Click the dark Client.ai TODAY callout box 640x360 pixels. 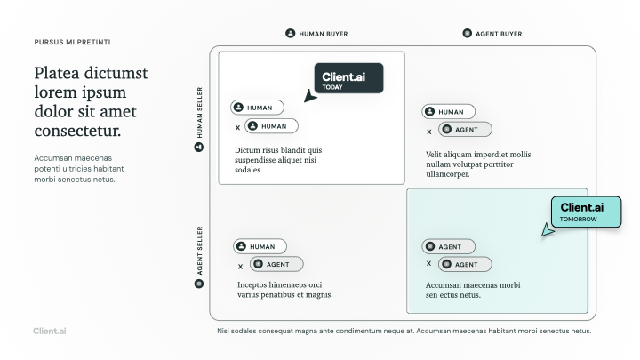point(348,78)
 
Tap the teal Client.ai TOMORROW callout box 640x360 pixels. point(586,212)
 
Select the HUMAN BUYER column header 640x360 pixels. point(316,34)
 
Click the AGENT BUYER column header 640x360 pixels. point(492,34)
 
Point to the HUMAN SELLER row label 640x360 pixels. point(199,119)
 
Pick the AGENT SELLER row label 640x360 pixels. point(199,257)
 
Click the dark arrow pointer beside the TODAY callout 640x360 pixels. point(310,96)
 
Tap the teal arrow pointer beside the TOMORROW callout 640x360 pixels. point(548,230)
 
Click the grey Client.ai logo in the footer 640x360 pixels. point(50,331)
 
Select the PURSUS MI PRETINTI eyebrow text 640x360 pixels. point(72,42)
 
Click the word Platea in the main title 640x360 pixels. point(57,73)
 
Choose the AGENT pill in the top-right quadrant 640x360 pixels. point(465,130)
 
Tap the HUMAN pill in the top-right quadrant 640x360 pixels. point(449,111)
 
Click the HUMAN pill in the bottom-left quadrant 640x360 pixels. point(260,246)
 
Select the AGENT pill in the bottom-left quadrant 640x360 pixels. point(276,264)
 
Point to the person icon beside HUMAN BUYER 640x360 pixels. point(290,33)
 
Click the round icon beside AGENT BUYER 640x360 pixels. point(468,33)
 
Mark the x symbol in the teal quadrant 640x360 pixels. point(428,264)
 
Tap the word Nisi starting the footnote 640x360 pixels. point(223,331)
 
